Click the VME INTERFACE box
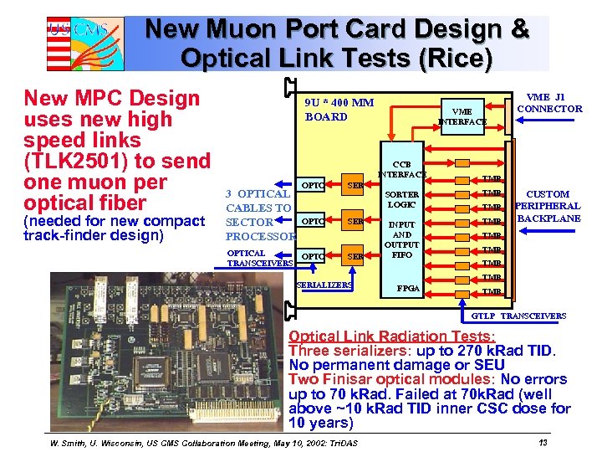tap(462, 116)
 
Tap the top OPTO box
tap(313, 184)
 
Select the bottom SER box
tap(355, 256)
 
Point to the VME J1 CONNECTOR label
tap(549, 103)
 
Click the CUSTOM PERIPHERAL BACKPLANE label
tap(548, 206)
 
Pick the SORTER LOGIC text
tap(402, 200)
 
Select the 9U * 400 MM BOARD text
tap(339, 110)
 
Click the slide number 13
tap(543, 442)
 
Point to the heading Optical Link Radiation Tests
tap(391, 336)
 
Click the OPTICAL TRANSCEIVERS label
tap(260, 258)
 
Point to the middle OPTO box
tap(313, 221)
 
